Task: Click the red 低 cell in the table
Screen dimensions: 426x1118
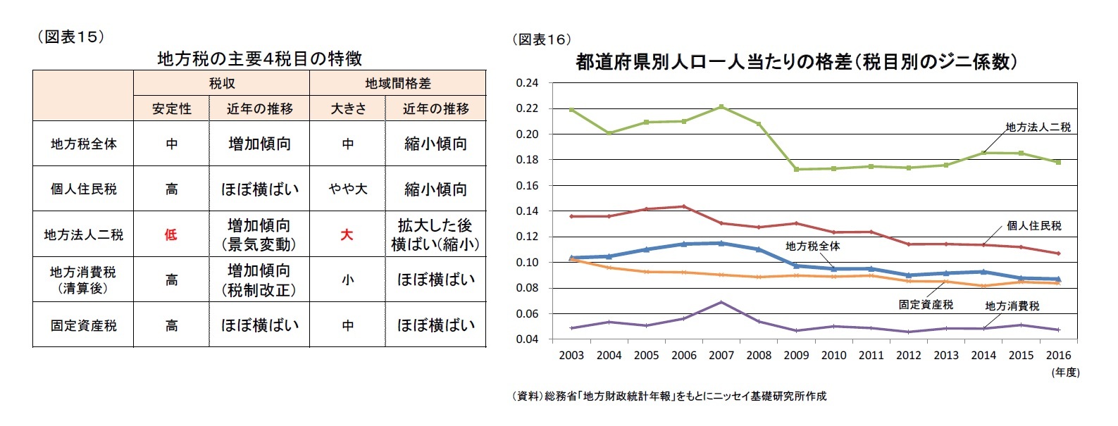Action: point(170,234)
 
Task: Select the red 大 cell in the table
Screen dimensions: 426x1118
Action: point(347,234)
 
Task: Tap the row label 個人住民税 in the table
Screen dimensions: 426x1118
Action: point(83,189)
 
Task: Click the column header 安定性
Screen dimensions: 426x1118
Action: point(171,108)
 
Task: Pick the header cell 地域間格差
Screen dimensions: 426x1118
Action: point(397,83)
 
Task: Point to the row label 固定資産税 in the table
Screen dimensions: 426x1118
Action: point(83,325)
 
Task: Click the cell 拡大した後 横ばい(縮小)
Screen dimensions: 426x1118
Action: point(435,234)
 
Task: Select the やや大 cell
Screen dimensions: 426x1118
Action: point(347,189)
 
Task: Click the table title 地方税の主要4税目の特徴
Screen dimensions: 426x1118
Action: point(259,58)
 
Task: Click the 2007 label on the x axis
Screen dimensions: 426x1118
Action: point(721,355)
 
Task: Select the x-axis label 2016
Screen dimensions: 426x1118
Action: point(1058,355)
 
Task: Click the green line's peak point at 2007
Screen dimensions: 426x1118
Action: point(721,106)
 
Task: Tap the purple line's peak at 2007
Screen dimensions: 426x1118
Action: point(721,302)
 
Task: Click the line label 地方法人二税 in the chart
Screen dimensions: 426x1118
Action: point(1038,127)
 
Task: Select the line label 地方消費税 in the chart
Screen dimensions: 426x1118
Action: point(1012,306)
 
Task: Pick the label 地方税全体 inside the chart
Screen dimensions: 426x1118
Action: point(812,246)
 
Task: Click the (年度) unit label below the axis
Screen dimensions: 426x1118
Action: point(1065,372)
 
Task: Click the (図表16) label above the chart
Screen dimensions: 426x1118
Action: point(541,40)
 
